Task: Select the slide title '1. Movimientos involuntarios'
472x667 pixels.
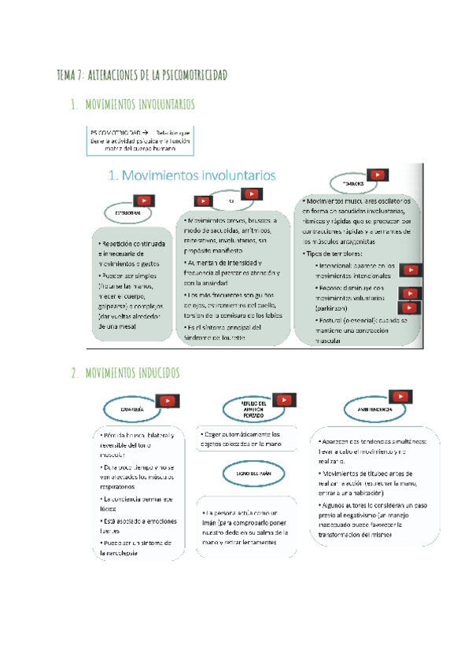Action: pyautogui.click(x=183, y=175)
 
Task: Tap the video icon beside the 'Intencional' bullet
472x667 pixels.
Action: pyautogui.click(x=409, y=271)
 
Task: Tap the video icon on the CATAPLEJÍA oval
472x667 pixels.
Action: pyautogui.click(x=168, y=402)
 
